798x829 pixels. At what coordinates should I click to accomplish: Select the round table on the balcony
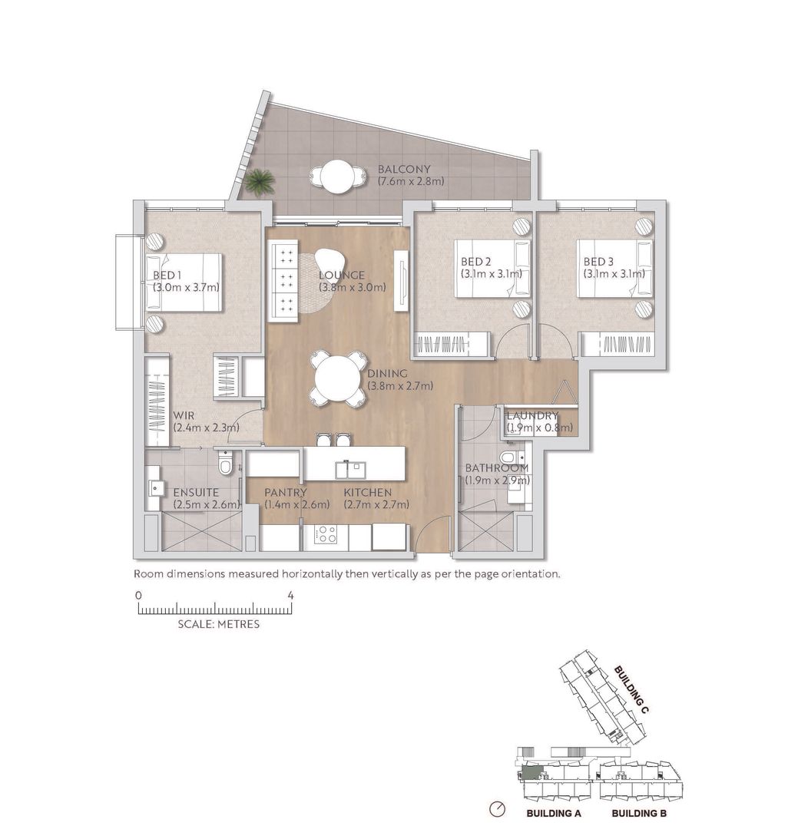[337, 176]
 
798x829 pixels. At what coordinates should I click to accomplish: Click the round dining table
[339, 379]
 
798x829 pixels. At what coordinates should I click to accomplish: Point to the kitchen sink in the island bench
[350, 468]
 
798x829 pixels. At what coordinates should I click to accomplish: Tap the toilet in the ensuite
[226, 463]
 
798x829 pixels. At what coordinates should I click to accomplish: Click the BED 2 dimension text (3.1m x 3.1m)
[492, 274]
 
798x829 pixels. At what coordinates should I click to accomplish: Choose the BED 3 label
[598, 261]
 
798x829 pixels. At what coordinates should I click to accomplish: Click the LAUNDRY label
[532, 415]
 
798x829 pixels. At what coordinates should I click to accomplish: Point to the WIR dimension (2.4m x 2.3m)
[207, 428]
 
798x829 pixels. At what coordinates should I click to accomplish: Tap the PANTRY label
[286, 492]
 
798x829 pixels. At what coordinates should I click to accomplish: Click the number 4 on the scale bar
[290, 596]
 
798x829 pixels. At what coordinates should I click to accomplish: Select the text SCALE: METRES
[219, 624]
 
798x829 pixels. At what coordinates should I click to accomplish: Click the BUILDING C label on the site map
[631, 689]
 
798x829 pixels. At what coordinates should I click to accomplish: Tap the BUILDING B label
[639, 813]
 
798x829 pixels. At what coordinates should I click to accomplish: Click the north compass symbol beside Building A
[498, 809]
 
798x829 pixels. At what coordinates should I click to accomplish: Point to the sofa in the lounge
[283, 281]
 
